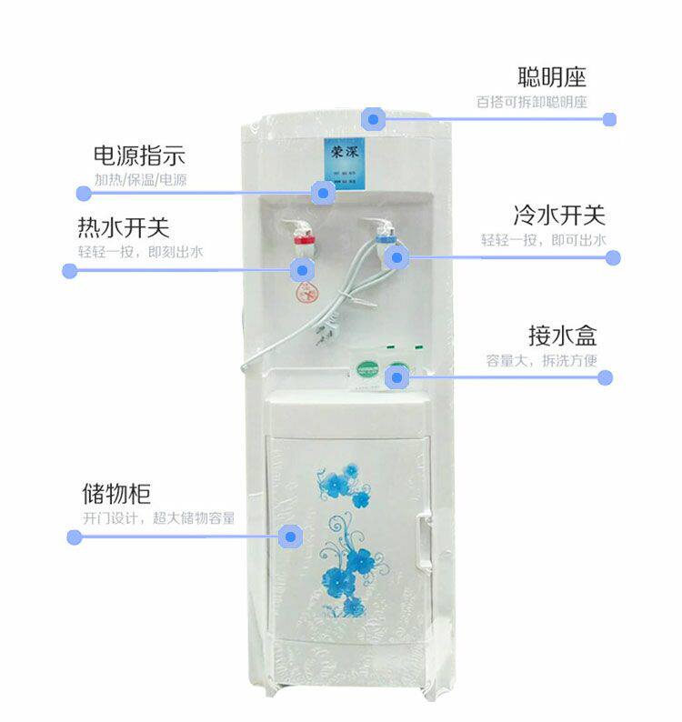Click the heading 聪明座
tap(552, 75)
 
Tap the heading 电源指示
tap(139, 155)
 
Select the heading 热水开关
tap(124, 226)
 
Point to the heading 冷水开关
tap(558, 216)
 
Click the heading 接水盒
tap(562, 335)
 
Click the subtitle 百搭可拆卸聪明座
tap(532, 102)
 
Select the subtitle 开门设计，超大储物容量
tap(159, 518)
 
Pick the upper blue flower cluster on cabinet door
tap(346, 487)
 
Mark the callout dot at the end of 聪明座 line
tap(609, 119)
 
